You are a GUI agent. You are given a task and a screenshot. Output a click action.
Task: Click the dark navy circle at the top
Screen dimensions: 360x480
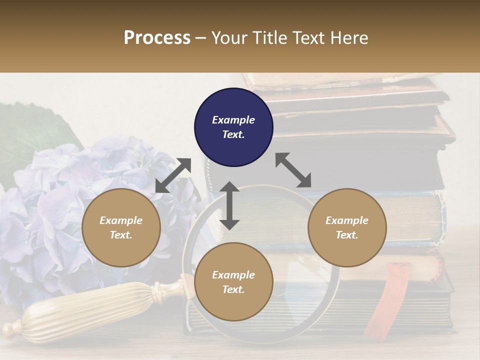tap(233, 127)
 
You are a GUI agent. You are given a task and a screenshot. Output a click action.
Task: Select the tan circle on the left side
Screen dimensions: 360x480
tap(121, 227)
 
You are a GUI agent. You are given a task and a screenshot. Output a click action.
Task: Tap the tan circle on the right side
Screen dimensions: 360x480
tap(347, 227)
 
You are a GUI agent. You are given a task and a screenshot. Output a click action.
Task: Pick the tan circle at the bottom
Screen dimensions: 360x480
tap(233, 282)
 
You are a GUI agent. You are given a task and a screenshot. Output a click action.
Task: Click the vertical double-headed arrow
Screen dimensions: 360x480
tap(229, 205)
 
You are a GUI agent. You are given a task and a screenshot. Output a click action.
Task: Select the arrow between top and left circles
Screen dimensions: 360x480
tap(173, 175)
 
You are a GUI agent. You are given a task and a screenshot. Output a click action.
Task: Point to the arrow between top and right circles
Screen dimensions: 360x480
tap(293, 170)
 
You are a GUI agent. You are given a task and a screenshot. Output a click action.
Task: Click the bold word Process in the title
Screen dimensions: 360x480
tap(157, 38)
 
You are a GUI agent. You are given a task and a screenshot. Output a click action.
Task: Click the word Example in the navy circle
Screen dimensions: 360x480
tap(233, 120)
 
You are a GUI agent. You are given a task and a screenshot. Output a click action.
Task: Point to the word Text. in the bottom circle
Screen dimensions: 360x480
tap(233, 289)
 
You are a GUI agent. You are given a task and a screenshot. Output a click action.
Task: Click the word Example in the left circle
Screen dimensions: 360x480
tap(121, 220)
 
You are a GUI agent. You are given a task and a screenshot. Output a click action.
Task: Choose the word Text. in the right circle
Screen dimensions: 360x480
tap(347, 235)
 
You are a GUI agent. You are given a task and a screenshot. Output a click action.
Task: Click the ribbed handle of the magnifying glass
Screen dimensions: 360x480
tap(85, 310)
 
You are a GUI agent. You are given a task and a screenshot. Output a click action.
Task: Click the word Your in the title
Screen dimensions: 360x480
tap(228, 38)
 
